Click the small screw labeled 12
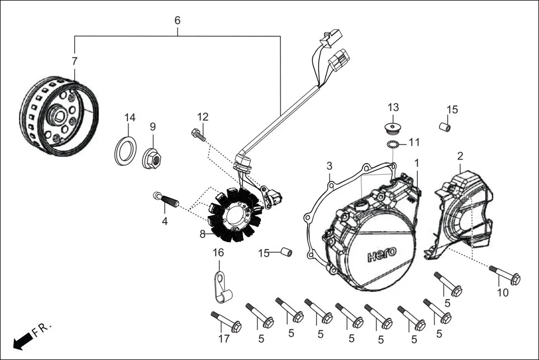coord(199,135)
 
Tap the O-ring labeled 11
coord(394,145)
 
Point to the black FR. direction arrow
coord(21,341)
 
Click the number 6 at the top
coord(178,20)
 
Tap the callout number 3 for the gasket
coord(330,166)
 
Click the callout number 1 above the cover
coord(416,162)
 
